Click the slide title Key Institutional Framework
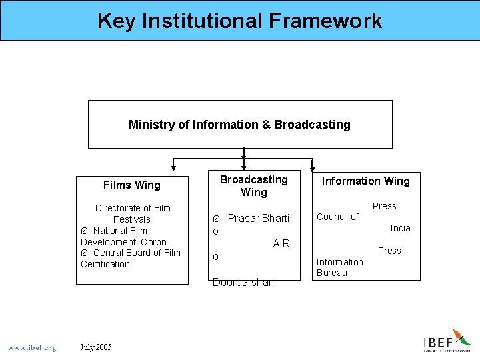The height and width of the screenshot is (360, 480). [x=239, y=21]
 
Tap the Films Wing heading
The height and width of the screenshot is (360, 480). [x=132, y=185]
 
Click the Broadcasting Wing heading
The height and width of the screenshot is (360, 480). [x=253, y=186]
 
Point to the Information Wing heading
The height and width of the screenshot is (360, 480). [x=366, y=181]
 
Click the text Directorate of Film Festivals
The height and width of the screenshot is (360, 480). [x=132, y=213]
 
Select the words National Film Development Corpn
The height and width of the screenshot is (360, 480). [x=124, y=236]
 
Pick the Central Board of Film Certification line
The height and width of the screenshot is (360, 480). [x=131, y=258]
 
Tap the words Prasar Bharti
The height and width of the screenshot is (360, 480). [x=258, y=219]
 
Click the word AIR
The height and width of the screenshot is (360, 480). [x=281, y=244]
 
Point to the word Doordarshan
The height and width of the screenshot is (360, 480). [x=243, y=283]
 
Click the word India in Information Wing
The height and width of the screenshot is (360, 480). [x=400, y=228]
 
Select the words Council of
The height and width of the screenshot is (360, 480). [x=337, y=217]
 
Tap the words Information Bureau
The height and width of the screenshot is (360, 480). [x=339, y=267]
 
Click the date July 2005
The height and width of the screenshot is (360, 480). [x=96, y=347]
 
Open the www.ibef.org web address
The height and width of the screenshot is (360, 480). [x=32, y=347]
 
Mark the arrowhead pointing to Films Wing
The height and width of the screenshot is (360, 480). [x=174, y=167]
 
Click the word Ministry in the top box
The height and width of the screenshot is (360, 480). [x=151, y=125]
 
